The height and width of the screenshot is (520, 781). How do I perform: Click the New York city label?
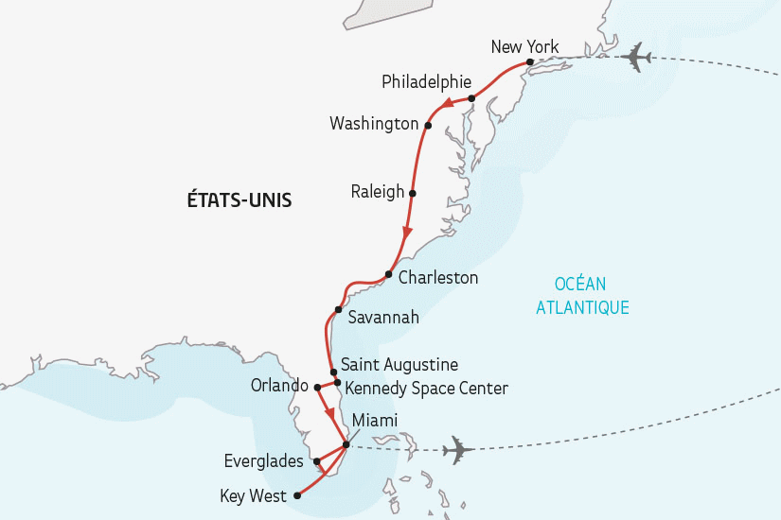coord(525,47)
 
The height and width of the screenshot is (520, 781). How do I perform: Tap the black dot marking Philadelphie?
coord(470,98)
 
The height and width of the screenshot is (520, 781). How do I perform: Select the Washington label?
coord(373,124)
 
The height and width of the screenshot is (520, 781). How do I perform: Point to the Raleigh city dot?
coord(412,192)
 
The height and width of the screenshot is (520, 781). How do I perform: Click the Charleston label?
coord(438,278)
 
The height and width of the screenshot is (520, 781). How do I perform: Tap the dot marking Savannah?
coord(338,310)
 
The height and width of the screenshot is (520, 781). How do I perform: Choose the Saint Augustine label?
coord(399,364)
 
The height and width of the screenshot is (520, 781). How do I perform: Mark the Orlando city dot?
coord(318,387)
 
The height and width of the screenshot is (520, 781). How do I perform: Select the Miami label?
coord(374,421)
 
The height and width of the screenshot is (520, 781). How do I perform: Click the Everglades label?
coord(265,461)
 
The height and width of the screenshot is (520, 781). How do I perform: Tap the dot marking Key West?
coord(297,494)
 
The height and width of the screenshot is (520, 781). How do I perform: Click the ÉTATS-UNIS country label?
coord(240,200)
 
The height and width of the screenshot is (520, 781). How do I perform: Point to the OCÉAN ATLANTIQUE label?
coord(582,295)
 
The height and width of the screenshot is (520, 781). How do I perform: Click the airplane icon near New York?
coord(633,57)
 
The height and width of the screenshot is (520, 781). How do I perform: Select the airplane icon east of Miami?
coord(458,449)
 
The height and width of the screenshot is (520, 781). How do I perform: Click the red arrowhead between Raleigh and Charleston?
coord(408,234)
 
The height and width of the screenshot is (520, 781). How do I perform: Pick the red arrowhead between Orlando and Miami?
coord(329,414)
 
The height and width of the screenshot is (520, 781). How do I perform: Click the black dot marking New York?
coord(530,62)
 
